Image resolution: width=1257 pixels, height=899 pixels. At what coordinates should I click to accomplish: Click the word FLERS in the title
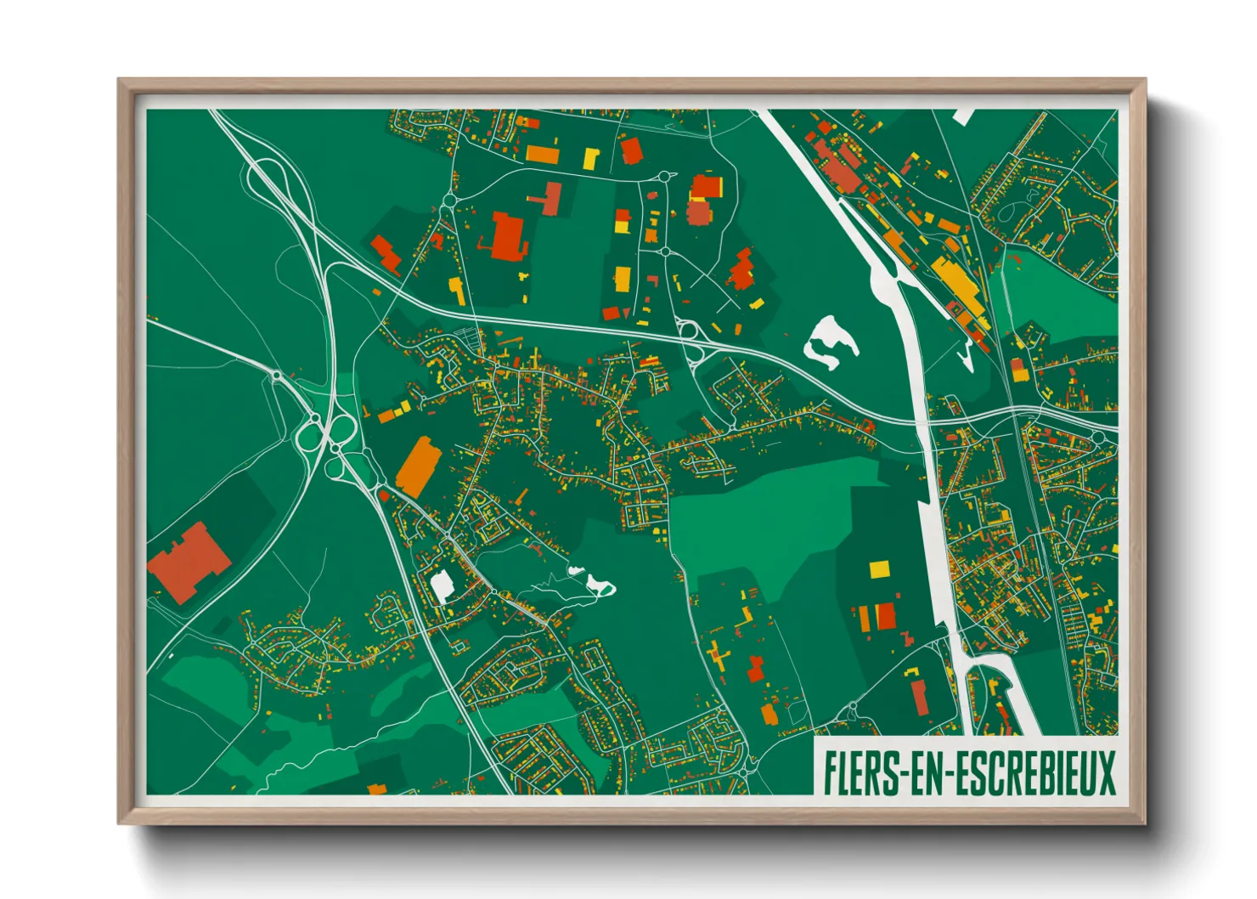(860, 772)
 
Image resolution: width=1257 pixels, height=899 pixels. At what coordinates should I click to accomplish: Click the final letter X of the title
(1106, 772)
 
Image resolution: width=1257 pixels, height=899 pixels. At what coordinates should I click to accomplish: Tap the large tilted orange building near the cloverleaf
(419, 466)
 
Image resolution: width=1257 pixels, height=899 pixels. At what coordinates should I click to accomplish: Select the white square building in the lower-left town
(442, 585)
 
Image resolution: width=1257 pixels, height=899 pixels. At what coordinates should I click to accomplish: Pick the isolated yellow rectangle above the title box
(879, 568)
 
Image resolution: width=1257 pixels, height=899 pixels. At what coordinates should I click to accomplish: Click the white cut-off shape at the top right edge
(963, 116)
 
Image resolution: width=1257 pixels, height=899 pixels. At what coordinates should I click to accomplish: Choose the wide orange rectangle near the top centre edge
(542, 155)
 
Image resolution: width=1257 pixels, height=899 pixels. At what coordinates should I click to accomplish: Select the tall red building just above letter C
(919, 694)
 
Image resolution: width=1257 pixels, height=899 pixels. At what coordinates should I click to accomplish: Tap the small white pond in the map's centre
(599, 585)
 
